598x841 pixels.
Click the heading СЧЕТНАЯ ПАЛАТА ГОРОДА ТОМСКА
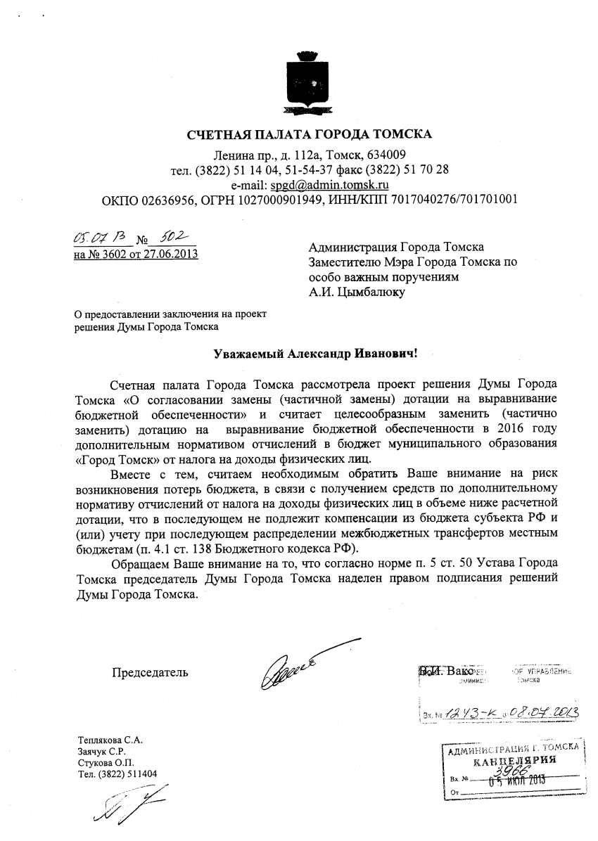click(x=309, y=134)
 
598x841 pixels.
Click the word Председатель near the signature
click(x=150, y=672)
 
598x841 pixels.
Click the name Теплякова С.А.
click(x=108, y=740)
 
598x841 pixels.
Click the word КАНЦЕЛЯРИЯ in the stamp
click(x=515, y=761)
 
